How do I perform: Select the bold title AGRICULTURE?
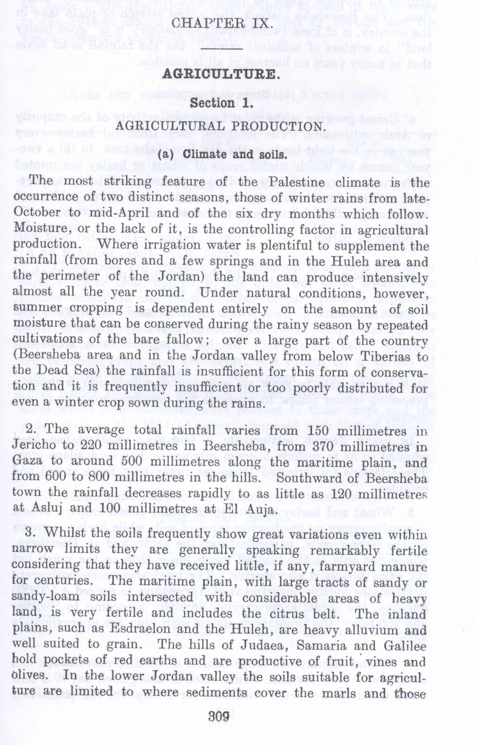220,74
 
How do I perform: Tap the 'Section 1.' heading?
221,103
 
